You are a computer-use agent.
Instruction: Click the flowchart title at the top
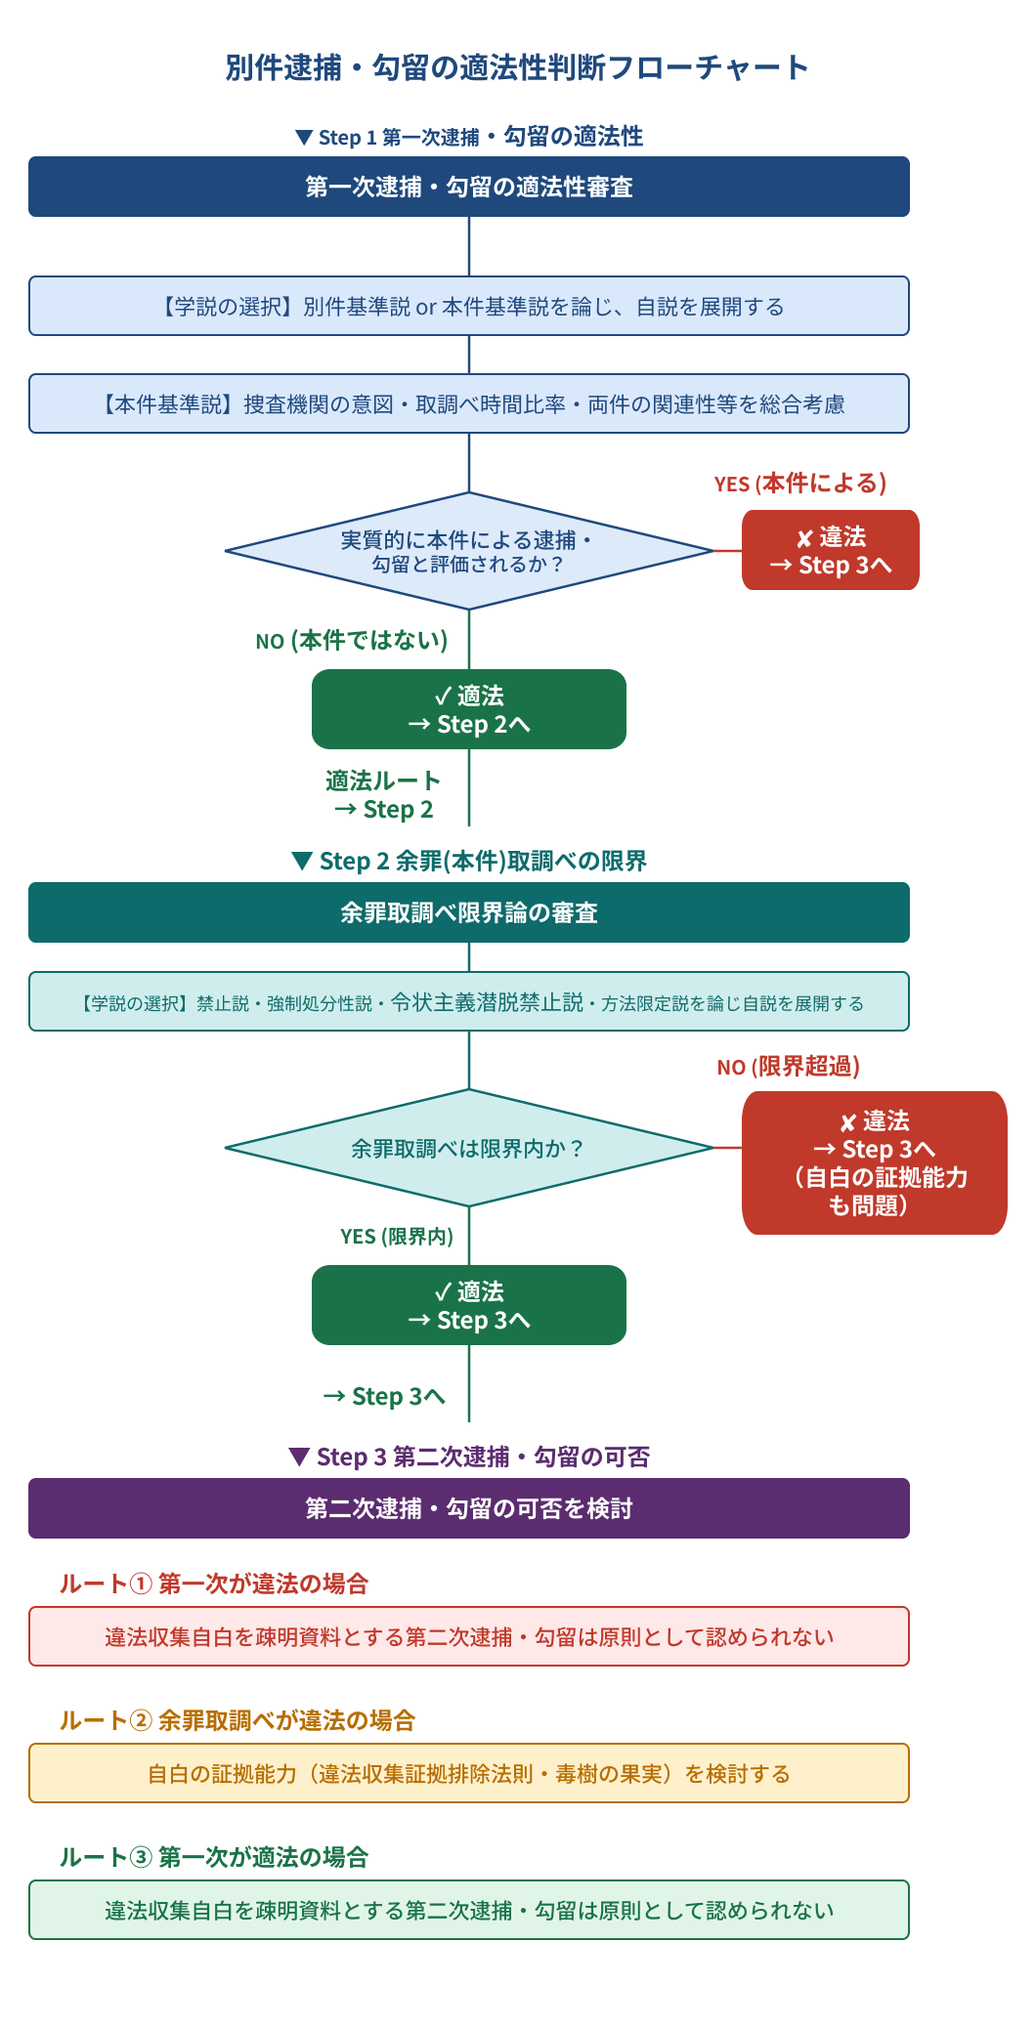click(x=517, y=67)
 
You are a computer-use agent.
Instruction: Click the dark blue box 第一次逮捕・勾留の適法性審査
click(x=469, y=187)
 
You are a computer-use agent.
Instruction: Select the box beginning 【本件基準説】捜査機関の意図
click(x=469, y=403)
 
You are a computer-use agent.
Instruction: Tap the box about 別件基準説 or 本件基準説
click(x=469, y=306)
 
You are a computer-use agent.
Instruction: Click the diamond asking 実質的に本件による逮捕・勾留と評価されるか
click(x=469, y=551)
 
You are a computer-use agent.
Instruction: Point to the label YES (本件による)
click(x=800, y=484)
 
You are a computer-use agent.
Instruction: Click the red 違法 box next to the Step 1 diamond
click(x=831, y=550)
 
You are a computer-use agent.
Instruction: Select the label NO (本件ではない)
click(x=352, y=641)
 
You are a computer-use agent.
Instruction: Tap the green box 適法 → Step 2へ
click(x=469, y=709)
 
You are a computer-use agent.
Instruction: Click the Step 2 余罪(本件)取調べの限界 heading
click(x=469, y=861)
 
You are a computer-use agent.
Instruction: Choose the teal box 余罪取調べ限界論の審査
click(x=469, y=912)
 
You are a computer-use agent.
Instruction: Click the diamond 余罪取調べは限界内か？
click(x=469, y=1148)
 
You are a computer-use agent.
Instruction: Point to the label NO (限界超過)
click(x=789, y=1067)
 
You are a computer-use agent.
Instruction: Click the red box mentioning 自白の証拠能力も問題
click(x=875, y=1162)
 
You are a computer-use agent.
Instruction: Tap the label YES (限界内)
click(x=397, y=1237)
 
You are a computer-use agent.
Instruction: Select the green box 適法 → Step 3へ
click(x=469, y=1305)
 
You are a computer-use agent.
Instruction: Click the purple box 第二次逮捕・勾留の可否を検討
click(x=469, y=1508)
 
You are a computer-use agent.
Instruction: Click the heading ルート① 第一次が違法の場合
click(x=214, y=1584)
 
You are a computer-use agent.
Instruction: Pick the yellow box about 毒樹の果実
click(x=469, y=1773)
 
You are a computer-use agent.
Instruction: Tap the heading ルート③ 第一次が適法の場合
click(x=214, y=1857)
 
